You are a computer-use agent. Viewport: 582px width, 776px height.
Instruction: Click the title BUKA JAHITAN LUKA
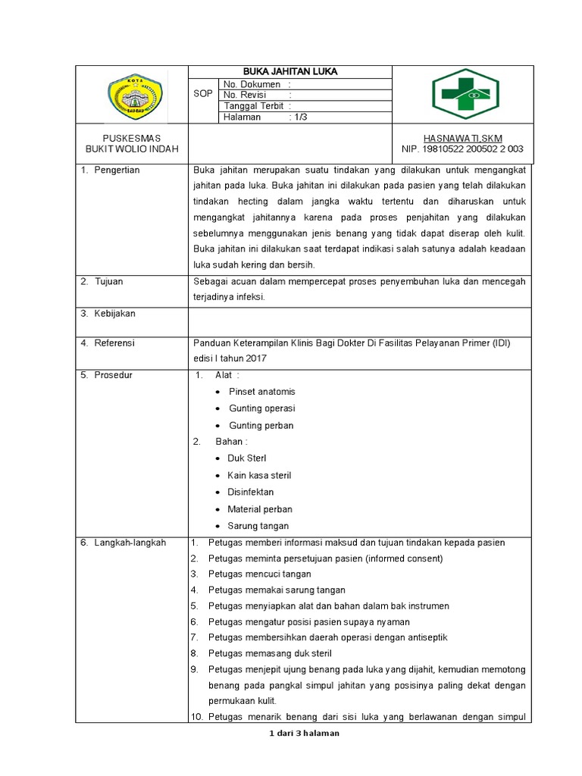click(289, 72)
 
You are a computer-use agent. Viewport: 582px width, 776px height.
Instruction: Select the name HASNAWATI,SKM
click(462, 138)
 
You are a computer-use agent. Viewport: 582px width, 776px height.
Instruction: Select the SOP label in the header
click(203, 94)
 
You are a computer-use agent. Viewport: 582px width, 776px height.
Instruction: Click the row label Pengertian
click(116, 171)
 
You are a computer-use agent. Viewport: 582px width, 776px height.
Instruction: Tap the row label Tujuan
click(108, 281)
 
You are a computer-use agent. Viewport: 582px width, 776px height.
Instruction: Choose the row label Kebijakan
click(114, 313)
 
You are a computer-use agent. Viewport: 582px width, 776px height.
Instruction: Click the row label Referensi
click(114, 343)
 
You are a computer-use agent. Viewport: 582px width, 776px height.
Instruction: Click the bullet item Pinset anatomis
click(262, 392)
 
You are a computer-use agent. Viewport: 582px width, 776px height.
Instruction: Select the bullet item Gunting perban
click(261, 426)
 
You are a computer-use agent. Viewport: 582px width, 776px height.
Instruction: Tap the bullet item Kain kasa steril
click(259, 476)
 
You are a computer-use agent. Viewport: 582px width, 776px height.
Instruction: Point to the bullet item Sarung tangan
click(258, 526)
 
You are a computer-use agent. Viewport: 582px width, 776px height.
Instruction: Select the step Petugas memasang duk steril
click(270, 653)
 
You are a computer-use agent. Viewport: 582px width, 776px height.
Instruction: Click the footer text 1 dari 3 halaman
click(304, 734)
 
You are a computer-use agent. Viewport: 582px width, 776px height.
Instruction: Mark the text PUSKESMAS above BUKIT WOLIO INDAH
click(132, 138)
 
